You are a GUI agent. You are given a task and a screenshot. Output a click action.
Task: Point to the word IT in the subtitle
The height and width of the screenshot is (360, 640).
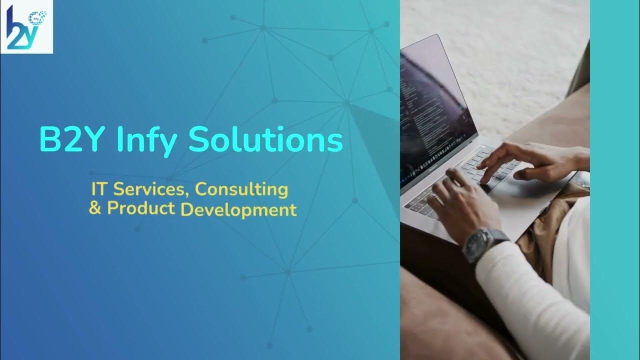tap(98, 189)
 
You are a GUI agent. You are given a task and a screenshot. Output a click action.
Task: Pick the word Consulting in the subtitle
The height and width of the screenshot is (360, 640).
tap(241, 190)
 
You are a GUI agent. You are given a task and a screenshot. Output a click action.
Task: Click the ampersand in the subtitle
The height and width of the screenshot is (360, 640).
tap(94, 208)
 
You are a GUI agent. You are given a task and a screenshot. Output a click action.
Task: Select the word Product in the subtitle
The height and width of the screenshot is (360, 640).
tap(141, 208)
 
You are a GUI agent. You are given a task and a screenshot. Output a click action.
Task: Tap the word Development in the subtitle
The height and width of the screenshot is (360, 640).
tap(238, 209)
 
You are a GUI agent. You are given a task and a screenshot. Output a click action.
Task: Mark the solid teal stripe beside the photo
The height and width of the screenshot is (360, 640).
tap(614, 180)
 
